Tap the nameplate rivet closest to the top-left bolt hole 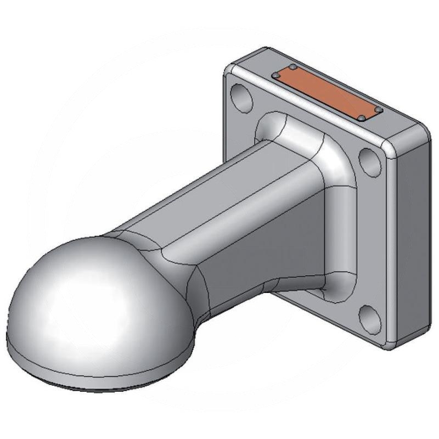click(276, 76)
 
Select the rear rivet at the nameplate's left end click(293, 67)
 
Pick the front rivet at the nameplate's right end click(361, 118)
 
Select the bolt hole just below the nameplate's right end click(369, 161)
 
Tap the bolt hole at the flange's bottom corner click(369, 320)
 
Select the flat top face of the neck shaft click(219, 187)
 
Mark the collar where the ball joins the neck click(181, 263)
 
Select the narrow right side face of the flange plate click(412, 236)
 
